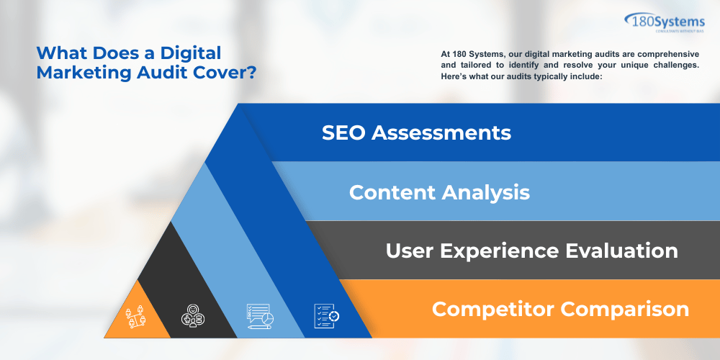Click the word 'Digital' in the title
(191, 53)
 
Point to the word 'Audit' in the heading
(155, 73)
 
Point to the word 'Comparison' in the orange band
(624, 310)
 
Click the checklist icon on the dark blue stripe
(325, 314)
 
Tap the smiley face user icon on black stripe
(192, 315)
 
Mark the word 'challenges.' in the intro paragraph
(674, 66)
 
